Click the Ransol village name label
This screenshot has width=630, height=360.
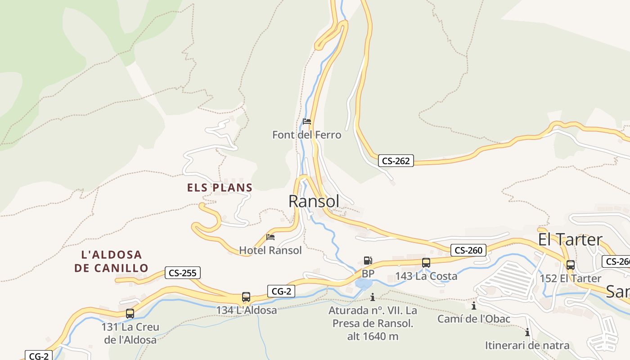click(314, 202)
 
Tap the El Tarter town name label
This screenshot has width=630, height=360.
click(570, 240)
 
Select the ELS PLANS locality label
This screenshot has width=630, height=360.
click(220, 188)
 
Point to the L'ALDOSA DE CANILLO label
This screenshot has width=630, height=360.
click(111, 261)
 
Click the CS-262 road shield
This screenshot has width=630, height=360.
click(396, 161)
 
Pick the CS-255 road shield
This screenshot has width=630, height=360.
click(182, 273)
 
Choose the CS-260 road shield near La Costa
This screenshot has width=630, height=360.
click(468, 250)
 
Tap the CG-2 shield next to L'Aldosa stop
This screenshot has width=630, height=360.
click(281, 291)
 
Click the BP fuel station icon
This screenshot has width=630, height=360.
click(368, 261)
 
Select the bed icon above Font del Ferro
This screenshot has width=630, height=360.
click(307, 121)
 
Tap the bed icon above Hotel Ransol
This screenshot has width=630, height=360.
click(270, 237)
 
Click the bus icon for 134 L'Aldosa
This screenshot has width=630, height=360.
click(246, 297)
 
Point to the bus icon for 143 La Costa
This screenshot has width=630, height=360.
click(426, 263)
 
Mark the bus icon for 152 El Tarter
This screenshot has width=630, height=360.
click(570, 265)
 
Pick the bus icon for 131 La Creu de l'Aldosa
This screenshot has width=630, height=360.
click(130, 314)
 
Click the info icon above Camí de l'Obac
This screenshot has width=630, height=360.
click(473, 306)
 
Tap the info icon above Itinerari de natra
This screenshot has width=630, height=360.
click(527, 333)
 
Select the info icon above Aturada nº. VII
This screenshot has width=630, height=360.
click(372, 297)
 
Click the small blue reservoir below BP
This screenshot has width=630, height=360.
click(363, 284)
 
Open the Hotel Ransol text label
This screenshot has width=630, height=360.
click(270, 250)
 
